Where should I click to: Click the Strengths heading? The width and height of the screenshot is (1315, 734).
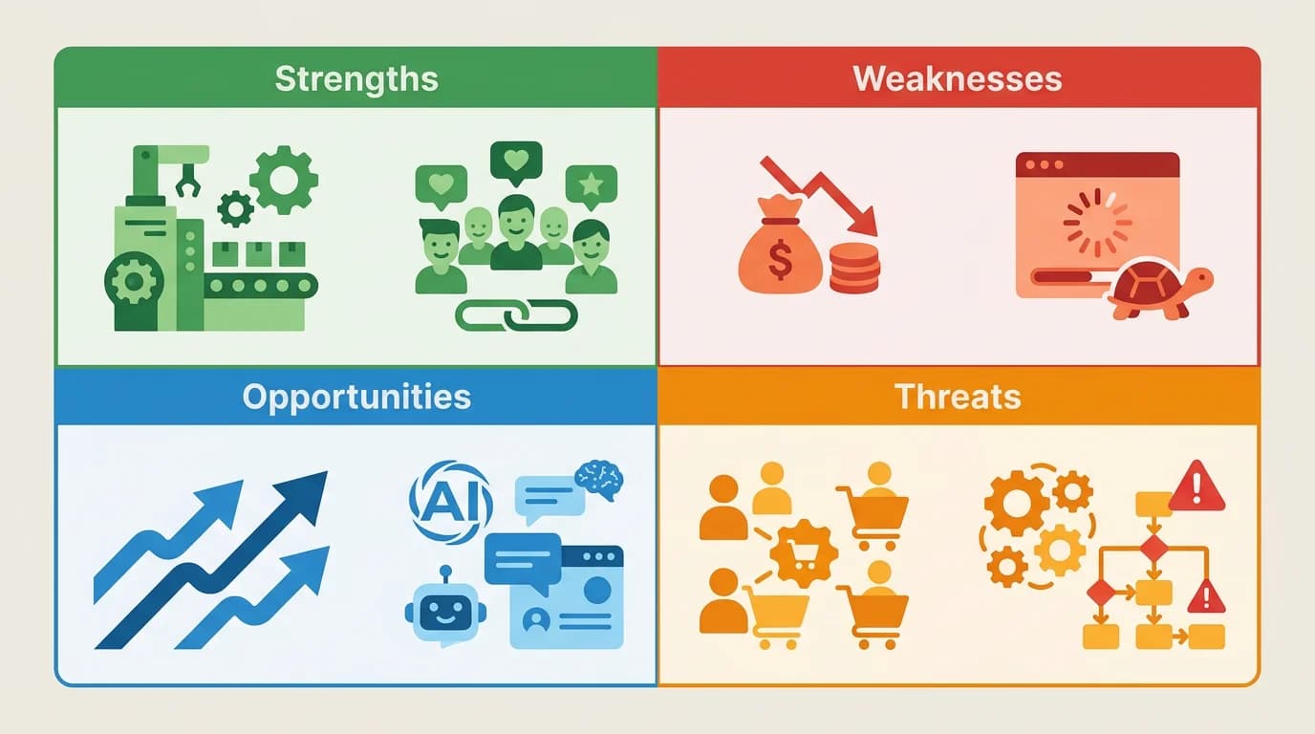356,78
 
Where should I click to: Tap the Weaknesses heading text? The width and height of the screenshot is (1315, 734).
958,78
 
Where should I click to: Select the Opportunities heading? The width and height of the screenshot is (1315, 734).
356,397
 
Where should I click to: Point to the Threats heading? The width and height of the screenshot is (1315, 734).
958,397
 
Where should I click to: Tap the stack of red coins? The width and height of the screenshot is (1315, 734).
854,267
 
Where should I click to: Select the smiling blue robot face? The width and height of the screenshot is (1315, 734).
445,611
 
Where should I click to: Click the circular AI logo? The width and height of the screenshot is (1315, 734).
450,499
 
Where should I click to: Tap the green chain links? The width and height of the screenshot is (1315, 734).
516,314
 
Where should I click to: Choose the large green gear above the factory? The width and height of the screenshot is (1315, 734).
284,179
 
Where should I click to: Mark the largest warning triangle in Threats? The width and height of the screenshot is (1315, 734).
1196,488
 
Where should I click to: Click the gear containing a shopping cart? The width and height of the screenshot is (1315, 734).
804,554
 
